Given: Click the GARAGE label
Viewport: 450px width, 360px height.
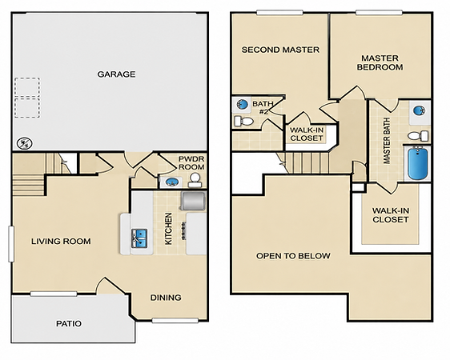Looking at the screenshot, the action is (116, 74).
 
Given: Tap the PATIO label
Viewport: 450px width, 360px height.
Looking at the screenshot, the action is (69, 323).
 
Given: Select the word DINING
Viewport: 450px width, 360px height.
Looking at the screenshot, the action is (166, 298).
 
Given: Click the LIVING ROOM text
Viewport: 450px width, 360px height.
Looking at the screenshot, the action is (61, 242).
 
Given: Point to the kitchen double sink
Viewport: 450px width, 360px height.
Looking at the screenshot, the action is (139, 238).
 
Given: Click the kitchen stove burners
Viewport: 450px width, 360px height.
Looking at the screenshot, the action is (183, 230).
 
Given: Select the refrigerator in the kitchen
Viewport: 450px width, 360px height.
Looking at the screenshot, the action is (193, 201).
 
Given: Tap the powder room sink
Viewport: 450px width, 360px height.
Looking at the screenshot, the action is (171, 182).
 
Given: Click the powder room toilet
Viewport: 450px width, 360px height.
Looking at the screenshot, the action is (195, 180).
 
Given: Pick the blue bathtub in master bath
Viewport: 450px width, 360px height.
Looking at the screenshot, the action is (417, 163).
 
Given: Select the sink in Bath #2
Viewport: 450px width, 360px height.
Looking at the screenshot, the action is (243, 104).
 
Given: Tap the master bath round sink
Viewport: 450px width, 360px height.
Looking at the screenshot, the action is (420, 110).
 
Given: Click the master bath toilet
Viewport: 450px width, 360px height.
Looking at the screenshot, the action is (418, 136).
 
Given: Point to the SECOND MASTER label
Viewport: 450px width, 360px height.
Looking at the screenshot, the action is (280, 50).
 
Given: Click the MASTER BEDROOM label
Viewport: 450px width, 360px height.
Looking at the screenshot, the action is (380, 62).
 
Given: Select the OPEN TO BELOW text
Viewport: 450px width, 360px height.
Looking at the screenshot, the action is (293, 256).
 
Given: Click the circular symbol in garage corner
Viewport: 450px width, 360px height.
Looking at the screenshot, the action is (25, 143).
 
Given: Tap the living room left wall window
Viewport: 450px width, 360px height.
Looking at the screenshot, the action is (11, 244).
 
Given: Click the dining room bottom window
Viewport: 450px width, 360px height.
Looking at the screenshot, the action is (175, 320).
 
